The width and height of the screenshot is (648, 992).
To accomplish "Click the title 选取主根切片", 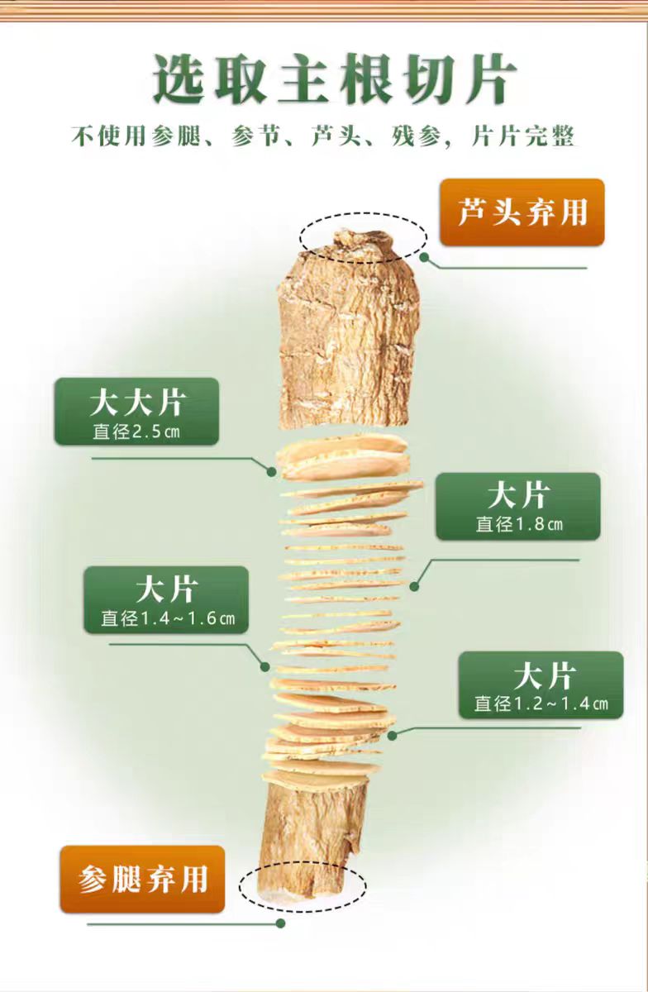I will pos(334,80).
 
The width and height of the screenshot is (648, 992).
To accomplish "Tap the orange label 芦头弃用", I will pos(522,212).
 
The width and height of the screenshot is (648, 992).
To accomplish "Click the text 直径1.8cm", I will pos(518,524).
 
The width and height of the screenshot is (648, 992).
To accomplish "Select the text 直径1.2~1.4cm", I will pos(541,703).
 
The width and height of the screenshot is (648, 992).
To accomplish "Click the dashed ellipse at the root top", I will pos(363,237).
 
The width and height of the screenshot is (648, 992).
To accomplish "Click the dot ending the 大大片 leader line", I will pos(272,471).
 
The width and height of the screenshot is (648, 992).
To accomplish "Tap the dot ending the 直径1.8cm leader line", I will pos(414,586).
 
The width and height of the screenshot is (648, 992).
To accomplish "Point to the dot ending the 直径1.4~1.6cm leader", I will pos(265,665).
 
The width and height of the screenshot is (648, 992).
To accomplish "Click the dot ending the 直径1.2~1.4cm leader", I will pos(392,734).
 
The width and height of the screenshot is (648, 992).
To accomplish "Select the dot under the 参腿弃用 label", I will pos(280,923).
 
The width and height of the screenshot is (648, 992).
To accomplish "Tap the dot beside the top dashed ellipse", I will pos(424,257).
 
